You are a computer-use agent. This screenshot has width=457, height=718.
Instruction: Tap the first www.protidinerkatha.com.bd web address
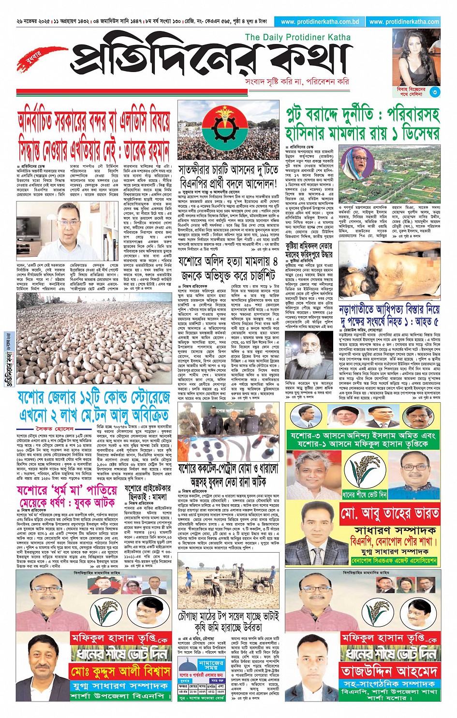click(x=320, y=22)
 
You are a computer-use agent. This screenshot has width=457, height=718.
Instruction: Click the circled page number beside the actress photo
click(x=435, y=92)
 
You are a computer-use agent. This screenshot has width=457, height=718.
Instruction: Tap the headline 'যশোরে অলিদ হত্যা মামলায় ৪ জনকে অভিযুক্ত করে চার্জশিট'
click(x=228, y=269)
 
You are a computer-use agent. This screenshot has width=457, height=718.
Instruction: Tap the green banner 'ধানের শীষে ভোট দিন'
click(x=364, y=495)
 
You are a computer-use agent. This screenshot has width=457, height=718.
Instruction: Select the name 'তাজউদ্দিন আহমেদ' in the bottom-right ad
click(x=390, y=671)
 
